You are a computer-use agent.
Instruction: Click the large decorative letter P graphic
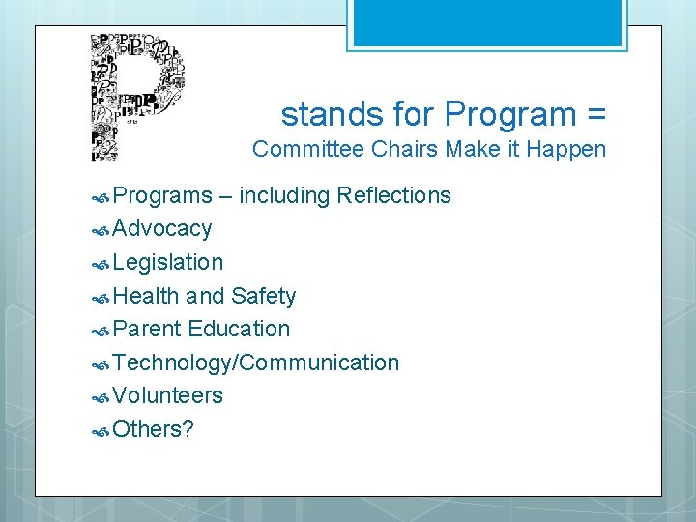point(136,97)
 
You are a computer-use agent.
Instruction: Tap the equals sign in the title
point(595,115)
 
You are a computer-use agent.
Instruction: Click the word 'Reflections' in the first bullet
point(393,195)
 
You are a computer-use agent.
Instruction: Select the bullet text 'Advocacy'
point(161,229)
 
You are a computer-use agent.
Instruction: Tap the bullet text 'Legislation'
point(167,262)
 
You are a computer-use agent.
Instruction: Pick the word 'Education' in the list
point(239,329)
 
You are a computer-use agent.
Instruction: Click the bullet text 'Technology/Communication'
point(255,362)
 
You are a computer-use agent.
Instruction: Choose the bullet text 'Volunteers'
point(167,395)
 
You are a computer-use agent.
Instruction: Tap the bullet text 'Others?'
point(153,429)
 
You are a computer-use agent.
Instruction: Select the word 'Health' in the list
point(145,296)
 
